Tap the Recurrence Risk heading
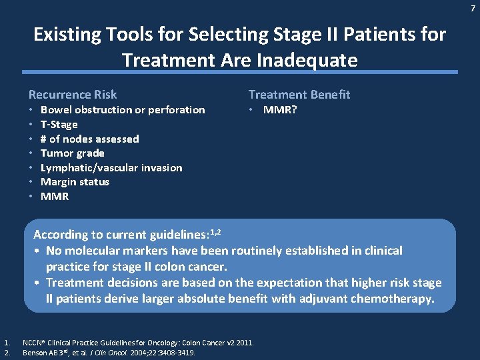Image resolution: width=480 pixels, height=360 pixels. [73, 95]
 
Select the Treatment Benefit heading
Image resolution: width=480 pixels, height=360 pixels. [299, 95]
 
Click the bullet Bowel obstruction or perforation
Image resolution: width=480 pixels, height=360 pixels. [123, 110]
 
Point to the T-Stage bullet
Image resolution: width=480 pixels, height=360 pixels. [59, 125]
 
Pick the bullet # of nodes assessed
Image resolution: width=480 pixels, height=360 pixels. [89, 139]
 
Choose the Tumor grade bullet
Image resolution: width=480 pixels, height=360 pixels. [72, 153]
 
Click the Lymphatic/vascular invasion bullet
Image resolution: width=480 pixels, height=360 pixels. [111, 168]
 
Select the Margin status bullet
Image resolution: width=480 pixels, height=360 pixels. [75, 182]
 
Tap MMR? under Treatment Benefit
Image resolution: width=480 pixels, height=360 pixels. [280, 110]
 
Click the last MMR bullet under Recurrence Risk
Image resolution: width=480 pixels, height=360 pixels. [55, 197]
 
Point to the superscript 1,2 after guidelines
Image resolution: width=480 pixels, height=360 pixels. [215, 231]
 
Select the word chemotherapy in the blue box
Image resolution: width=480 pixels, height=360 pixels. [393, 299]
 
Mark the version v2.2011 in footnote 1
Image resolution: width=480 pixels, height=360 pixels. [236, 343]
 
